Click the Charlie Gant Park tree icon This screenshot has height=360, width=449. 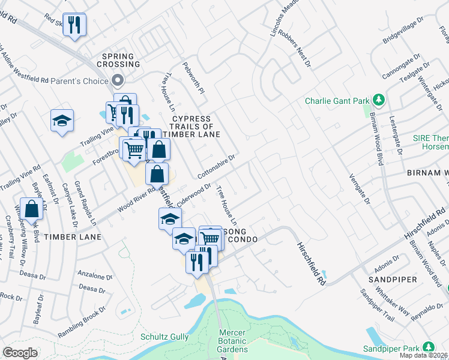[379, 98]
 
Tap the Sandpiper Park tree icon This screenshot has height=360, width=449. [429, 347]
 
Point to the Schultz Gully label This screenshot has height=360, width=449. [164, 337]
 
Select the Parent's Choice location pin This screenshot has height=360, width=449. [118, 80]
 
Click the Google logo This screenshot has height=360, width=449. [20, 353]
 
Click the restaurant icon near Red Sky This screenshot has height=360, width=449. [74, 25]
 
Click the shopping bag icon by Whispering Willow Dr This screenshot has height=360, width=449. [32, 209]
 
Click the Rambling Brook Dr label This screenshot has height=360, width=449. [81, 322]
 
